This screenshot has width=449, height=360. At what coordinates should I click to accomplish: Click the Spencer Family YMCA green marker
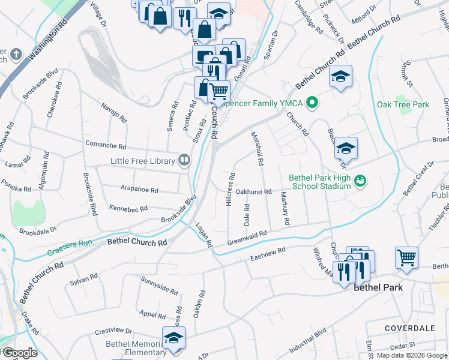(312, 103)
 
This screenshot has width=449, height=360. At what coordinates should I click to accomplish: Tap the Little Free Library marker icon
(184, 160)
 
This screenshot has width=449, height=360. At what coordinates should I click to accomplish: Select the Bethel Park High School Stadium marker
(360, 179)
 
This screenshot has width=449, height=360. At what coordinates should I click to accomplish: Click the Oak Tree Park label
(403, 104)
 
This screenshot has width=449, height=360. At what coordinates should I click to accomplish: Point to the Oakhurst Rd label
(254, 192)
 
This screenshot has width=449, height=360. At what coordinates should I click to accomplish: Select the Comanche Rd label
(106, 146)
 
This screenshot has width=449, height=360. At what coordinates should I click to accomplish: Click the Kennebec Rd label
(128, 208)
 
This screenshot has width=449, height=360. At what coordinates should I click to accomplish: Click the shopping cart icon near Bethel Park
(406, 257)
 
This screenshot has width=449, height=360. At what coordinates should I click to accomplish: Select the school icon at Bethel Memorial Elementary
(173, 338)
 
